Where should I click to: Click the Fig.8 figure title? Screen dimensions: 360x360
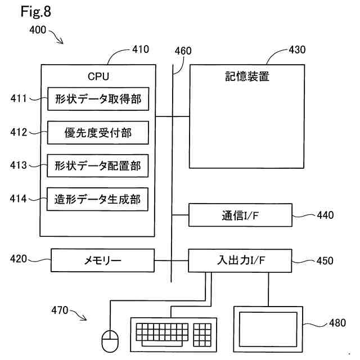(x=36, y=11)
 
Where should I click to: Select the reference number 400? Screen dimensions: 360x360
(x=38, y=30)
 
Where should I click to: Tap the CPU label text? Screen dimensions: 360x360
(x=98, y=76)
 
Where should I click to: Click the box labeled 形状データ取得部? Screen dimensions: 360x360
(x=98, y=99)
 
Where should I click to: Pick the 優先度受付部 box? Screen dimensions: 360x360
(x=98, y=133)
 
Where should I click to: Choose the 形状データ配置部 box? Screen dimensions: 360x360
(x=98, y=166)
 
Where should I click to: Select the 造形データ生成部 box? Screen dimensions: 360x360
(x=97, y=199)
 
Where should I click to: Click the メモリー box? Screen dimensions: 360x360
(x=102, y=260)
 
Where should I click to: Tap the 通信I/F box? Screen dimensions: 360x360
(x=240, y=215)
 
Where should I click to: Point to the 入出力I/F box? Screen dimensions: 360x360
(x=240, y=260)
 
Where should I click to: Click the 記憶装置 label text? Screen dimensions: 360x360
(x=247, y=76)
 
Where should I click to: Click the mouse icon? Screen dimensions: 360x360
(x=110, y=341)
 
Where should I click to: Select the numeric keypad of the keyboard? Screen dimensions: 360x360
(x=202, y=335)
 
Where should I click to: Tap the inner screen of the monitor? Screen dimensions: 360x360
(x=268, y=329)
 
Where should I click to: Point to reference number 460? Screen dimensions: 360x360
(x=183, y=51)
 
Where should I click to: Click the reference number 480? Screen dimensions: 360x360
(x=337, y=323)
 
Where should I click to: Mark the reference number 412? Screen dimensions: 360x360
(x=19, y=132)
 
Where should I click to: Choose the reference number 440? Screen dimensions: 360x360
(x=325, y=215)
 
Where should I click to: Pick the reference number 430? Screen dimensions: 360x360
(x=297, y=50)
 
